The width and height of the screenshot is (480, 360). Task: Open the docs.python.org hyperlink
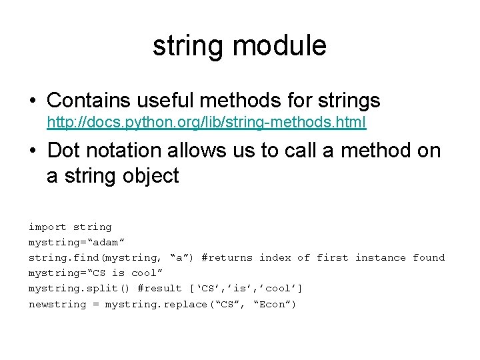(206, 123)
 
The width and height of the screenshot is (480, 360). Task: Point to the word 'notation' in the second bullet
(129, 151)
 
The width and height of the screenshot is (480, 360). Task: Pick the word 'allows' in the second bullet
(206, 151)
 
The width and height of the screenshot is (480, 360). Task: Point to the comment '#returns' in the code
(227, 258)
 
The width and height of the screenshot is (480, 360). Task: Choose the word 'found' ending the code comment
(429, 258)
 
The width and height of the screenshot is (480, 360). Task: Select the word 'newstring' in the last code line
(57, 305)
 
